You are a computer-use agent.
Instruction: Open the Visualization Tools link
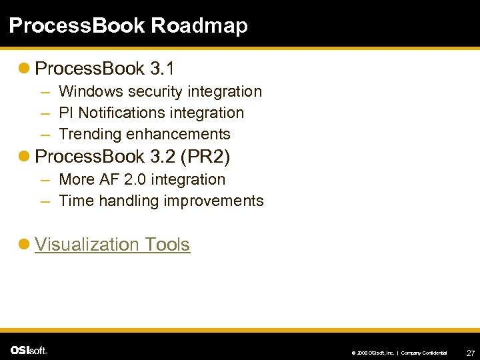tap(112, 245)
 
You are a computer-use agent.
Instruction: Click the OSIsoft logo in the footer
tap(29, 350)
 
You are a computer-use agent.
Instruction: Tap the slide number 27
tap(470, 352)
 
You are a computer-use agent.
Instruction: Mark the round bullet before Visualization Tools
tap(25, 245)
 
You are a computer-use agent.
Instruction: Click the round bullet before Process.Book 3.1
tap(25, 69)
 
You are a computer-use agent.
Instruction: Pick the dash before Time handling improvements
tap(44, 201)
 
